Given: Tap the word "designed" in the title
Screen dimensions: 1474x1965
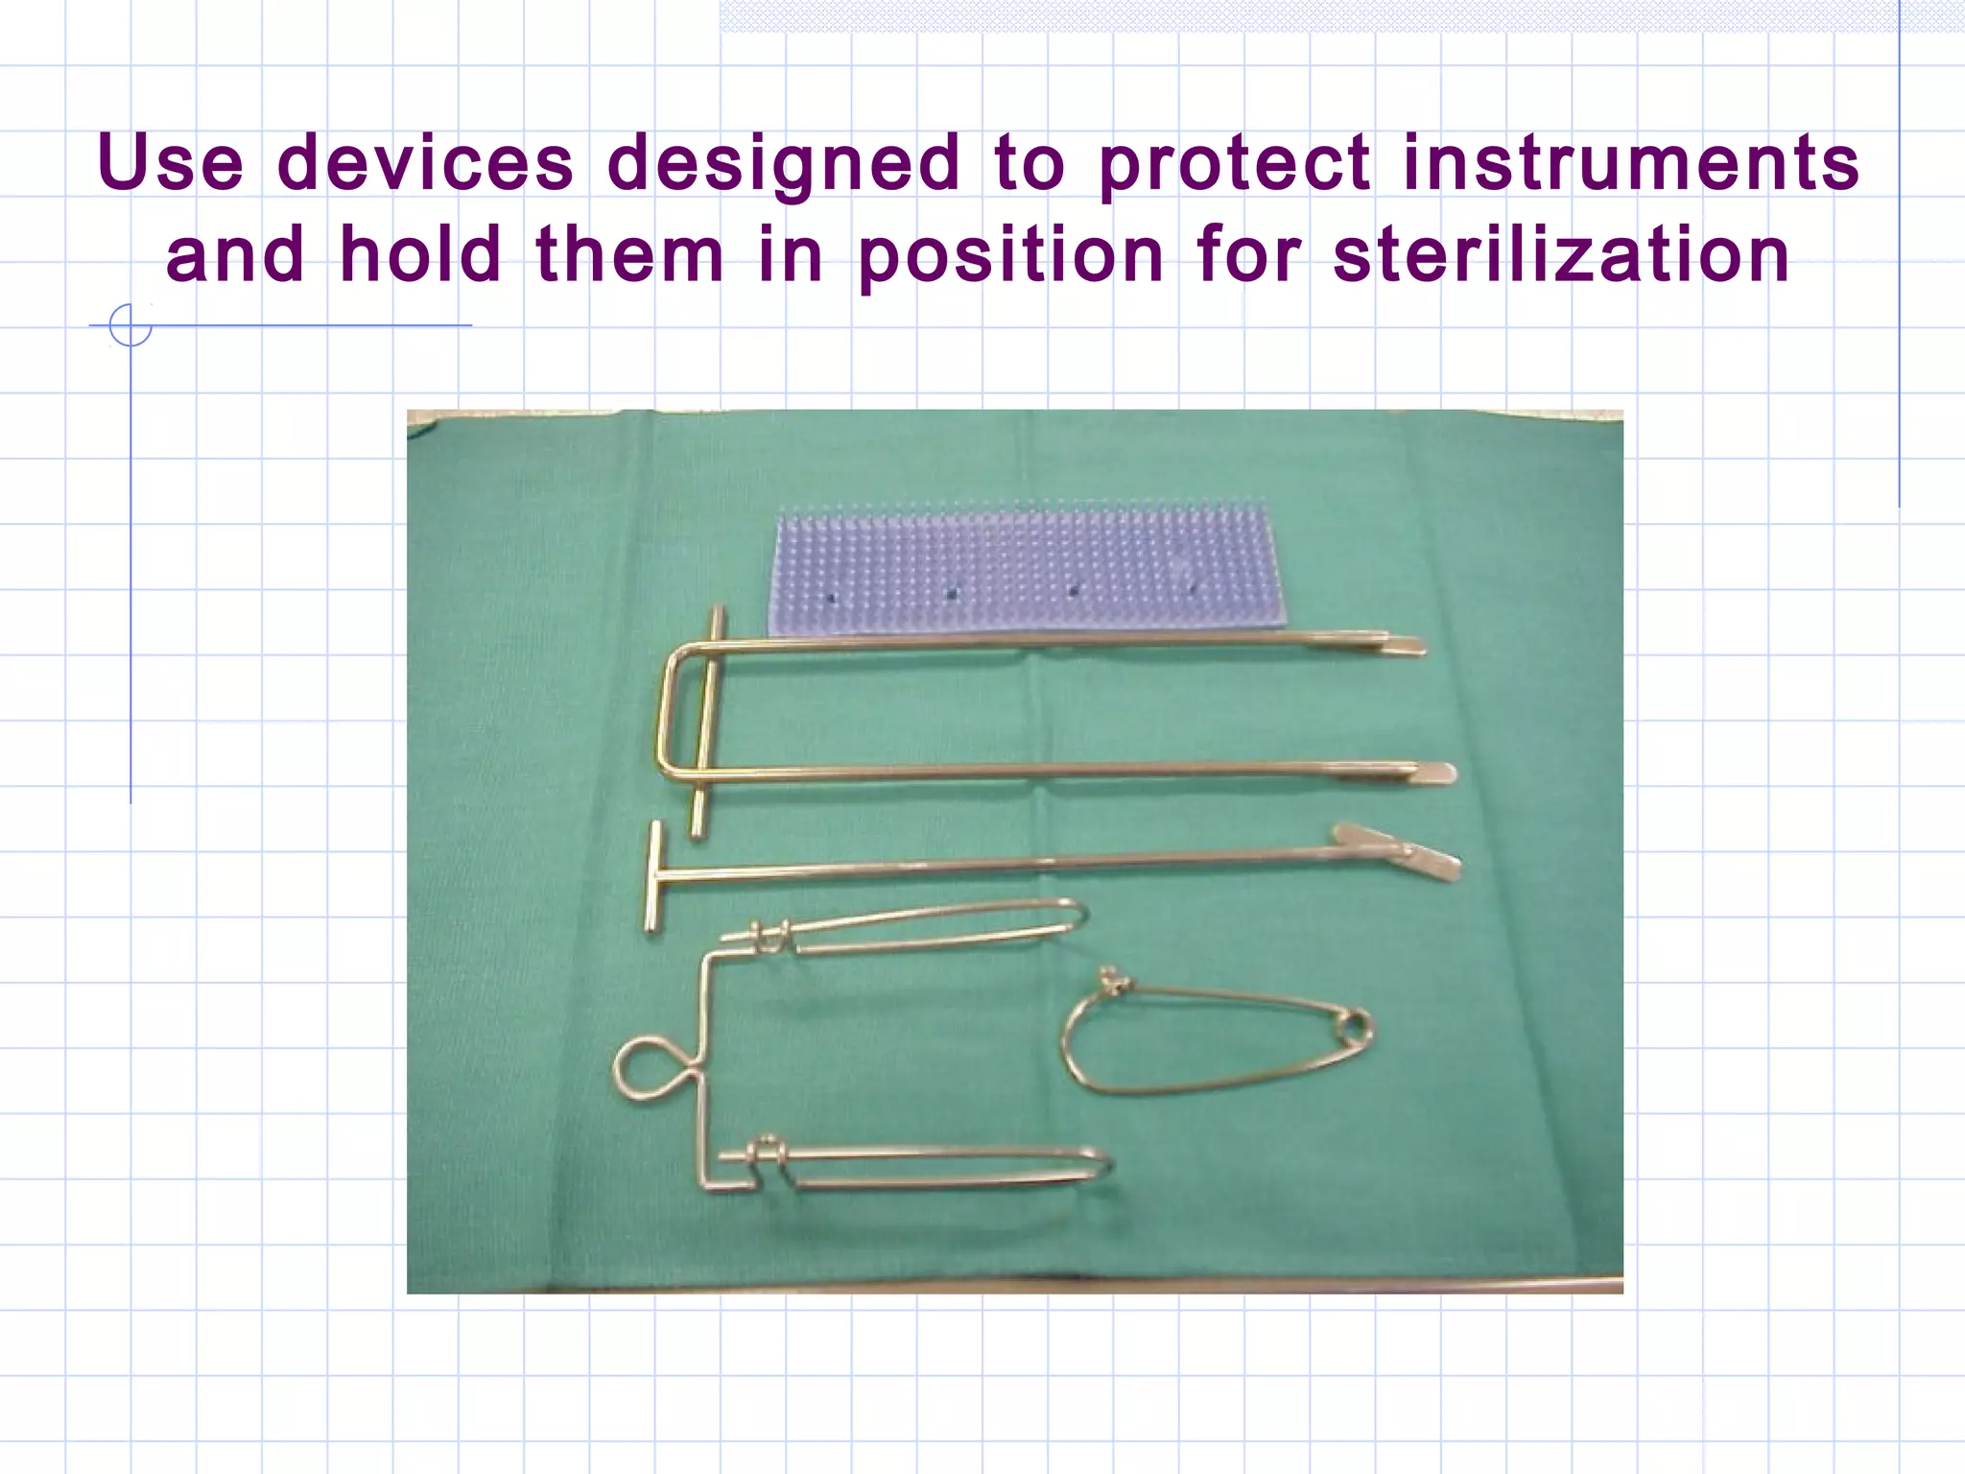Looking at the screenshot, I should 784,163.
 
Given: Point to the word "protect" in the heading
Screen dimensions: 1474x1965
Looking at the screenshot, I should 1235,163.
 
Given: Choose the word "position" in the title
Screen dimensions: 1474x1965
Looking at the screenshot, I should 1011,255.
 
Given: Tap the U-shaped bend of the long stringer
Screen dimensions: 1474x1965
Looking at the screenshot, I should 671,710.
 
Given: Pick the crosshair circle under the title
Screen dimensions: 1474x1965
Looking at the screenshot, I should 130,325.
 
